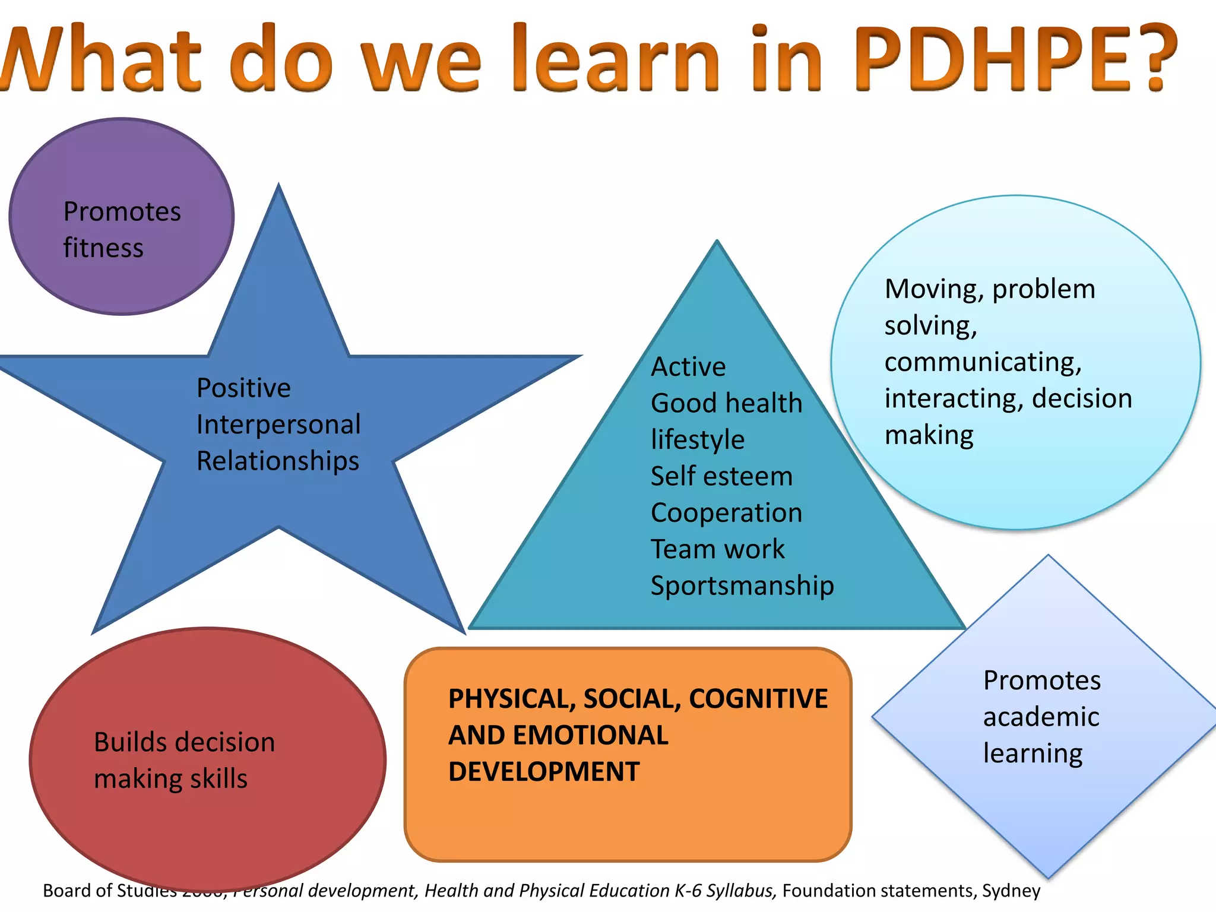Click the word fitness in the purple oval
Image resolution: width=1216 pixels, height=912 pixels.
point(103,248)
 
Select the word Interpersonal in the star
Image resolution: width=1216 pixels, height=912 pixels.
point(278,425)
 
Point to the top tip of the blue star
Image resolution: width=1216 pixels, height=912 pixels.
point(278,186)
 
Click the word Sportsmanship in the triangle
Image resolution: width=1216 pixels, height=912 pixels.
point(742,586)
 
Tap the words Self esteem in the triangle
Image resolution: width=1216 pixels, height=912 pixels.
point(721,476)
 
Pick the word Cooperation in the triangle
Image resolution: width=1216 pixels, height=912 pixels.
point(726,513)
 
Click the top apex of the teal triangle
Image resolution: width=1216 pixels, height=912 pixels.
point(717,242)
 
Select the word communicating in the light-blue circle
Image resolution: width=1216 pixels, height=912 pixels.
point(982,362)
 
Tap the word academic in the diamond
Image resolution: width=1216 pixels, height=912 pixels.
point(1041,717)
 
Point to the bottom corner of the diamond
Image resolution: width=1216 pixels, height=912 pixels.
point(1049,876)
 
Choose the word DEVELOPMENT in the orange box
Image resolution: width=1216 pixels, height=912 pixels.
point(544,772)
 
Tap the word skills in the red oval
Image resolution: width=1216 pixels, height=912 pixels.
point(217,779)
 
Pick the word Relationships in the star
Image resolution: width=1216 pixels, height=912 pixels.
point(278,461)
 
